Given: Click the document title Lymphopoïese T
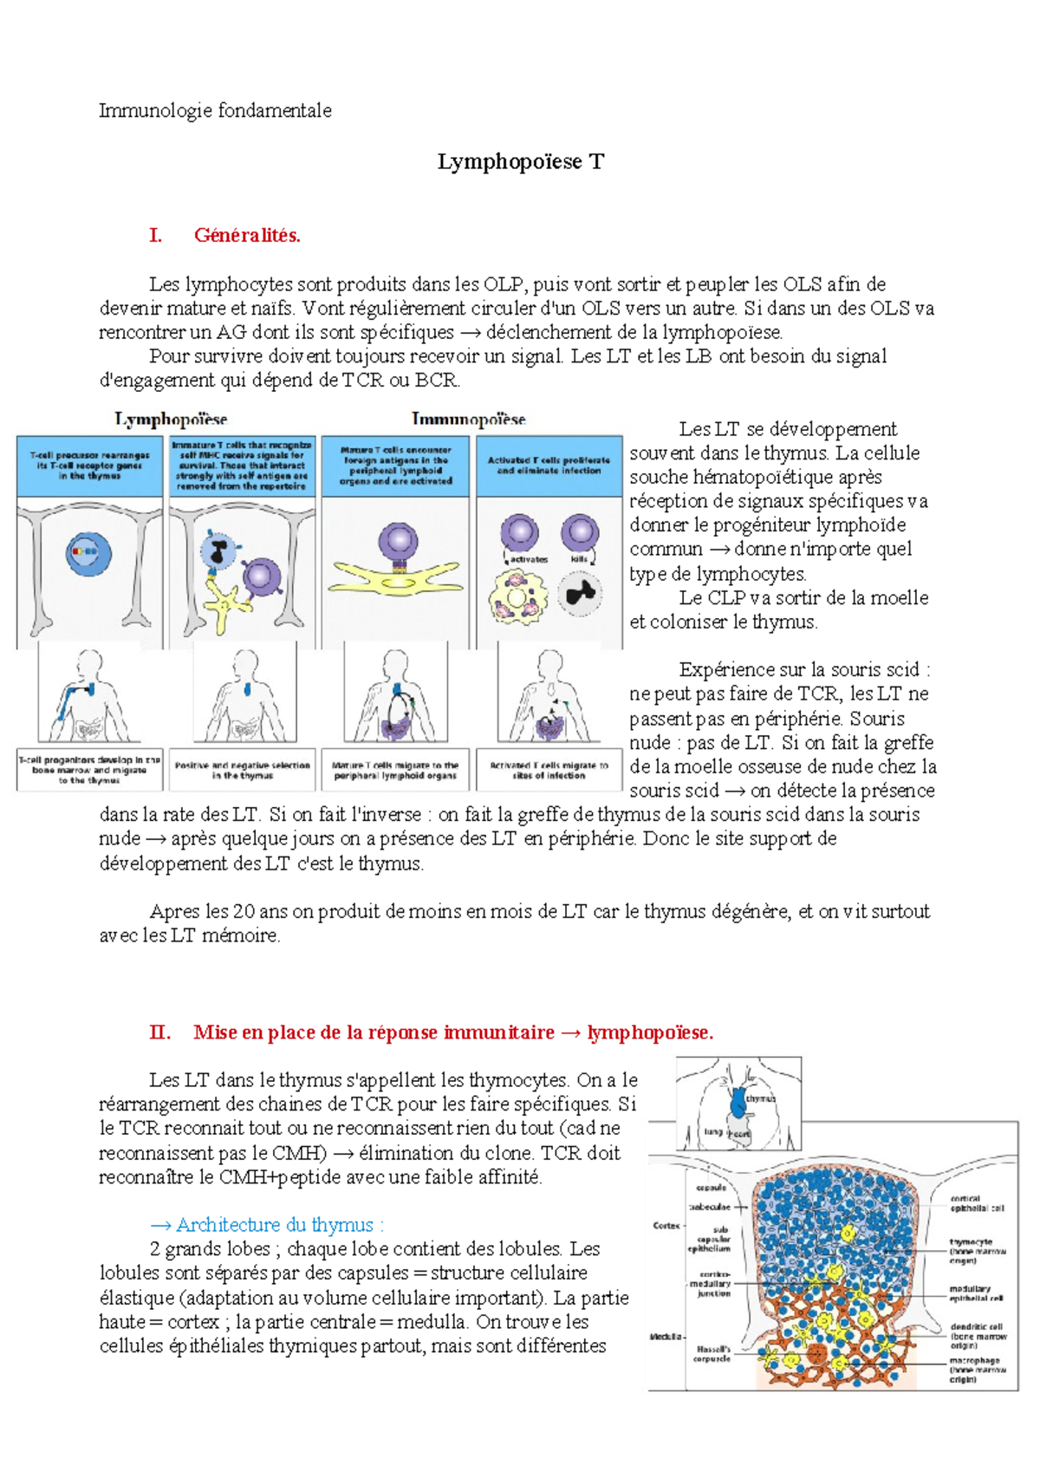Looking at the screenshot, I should click(520, 162).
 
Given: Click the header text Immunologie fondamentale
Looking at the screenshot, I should click(215, 110).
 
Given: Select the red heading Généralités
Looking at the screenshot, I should click(247, 235).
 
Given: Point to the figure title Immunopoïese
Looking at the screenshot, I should click(468, 420).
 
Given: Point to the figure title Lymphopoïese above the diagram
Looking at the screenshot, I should click(171, 420).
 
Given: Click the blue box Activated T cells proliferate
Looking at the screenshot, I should click(549, 466).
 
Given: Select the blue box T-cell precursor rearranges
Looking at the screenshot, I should click(89, 466).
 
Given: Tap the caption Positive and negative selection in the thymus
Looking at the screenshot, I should click(242, 770).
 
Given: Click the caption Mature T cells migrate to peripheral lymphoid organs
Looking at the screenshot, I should click(395, 770).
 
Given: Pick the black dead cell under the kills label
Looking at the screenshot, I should click(580, 594).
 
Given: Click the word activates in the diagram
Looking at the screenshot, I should click(529, 560).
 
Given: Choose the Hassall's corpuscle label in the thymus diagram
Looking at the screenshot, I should click(712, 1353).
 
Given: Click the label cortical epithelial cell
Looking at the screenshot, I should click(977, 1203).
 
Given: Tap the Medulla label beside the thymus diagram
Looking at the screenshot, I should click(666, 1337).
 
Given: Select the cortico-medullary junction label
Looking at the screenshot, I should click(712, 1284).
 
